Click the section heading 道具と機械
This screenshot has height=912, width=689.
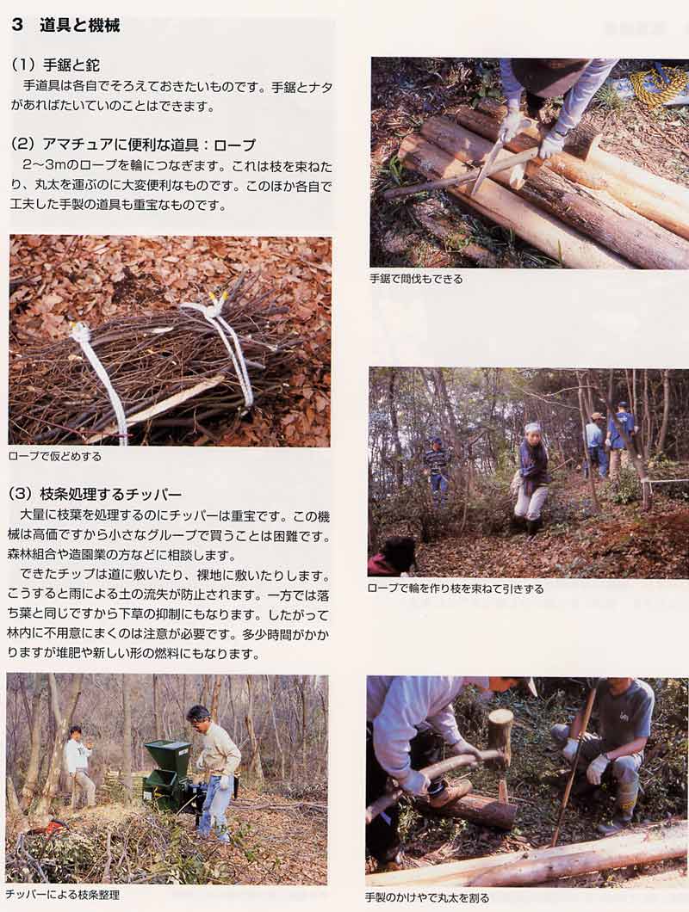(x=80, y=26)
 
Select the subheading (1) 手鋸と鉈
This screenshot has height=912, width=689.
(x=55, y=65)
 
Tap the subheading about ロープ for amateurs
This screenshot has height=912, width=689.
(x=133, y=145)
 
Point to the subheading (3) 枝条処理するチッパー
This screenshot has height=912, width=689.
(x=96, y=495)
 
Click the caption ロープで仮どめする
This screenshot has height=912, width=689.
(x=55, y=457)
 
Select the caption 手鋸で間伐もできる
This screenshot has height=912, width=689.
(x=417, y=279)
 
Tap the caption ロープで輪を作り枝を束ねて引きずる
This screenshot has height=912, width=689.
(x=456, y=588)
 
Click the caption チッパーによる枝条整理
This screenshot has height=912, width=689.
(x=62, y=895)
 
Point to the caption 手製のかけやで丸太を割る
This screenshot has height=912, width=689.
(x=427, y=898)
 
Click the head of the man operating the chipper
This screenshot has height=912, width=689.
(x=198, y=718)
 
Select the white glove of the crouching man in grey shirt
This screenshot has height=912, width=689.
(x=596, y=767)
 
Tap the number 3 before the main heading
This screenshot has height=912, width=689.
(x=17, y=26)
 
